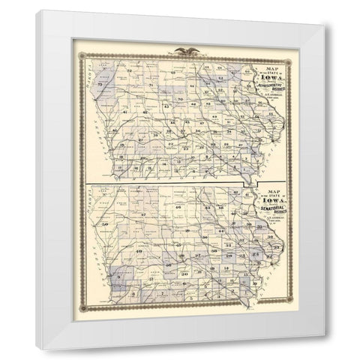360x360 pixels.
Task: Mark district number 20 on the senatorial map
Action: pos(184,274)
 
